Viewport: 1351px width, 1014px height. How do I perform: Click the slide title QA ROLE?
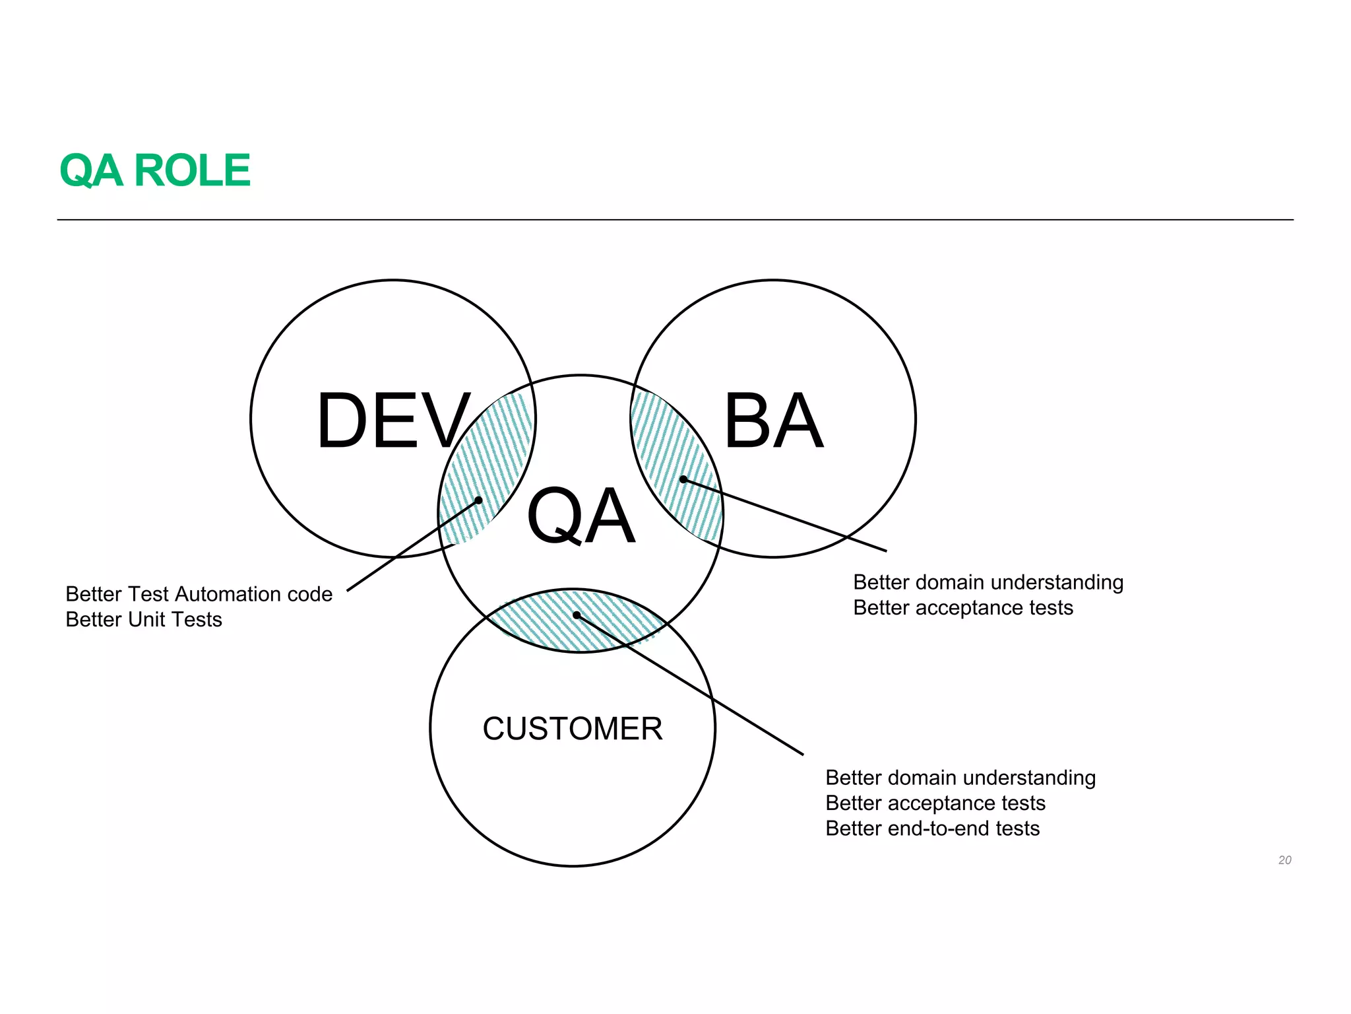pos(154,170)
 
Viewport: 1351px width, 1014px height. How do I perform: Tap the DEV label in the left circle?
pos(393,421)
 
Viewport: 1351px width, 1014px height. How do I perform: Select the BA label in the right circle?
pos(773,421)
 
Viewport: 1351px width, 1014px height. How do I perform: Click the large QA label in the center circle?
pos(581,516)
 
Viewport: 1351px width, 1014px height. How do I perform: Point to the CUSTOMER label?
pos(572,729)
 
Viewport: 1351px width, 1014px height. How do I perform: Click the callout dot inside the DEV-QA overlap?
pos(479,500)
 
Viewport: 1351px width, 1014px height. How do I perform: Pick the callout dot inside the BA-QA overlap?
pos(683,479)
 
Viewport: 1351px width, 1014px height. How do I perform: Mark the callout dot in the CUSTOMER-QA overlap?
pos(577,615)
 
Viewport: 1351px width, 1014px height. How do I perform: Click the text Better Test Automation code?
pos(199,594)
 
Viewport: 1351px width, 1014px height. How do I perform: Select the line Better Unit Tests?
pos(144,620)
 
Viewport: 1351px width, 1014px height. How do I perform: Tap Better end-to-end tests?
pos(932,828)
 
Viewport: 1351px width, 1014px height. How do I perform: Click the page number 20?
pos(1284,860)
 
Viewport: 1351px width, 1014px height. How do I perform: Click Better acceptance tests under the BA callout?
pos(962,607)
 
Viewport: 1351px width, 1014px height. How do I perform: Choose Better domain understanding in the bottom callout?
pos(960,778)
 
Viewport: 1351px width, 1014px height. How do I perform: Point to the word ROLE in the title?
pos(192,170)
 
